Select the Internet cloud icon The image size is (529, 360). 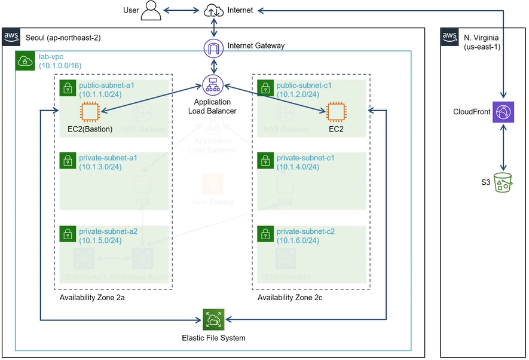point(213,10)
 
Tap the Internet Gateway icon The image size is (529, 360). point(213,47)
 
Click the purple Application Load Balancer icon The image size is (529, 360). point(212,85)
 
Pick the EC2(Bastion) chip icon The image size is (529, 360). point(90,111)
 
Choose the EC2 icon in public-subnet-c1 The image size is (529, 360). point(336,111)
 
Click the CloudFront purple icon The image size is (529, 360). point(502,111)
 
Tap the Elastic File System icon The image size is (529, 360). point(213,319)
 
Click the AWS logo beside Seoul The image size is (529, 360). point(11,37)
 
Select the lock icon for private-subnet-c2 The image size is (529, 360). point(265,235)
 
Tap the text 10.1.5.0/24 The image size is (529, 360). point(100,240)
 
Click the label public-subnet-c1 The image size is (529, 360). point(304,86)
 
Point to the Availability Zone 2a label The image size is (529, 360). point(92,298)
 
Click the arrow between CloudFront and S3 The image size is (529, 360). point(503,147)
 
